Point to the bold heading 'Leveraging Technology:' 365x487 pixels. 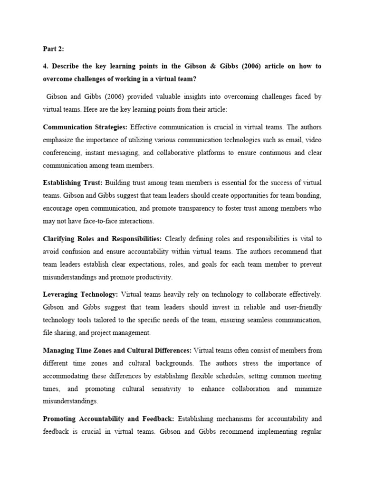pyautogui.click(x=80, y=294)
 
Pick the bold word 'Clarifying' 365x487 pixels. pyautogui.click(x=59, y=239)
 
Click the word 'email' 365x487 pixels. pyautogui.click(x=295, y=140)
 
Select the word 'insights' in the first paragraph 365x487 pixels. pyautogui.click(x=187, y=97)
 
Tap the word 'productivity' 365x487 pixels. pyautogui.click(x=152, y=277)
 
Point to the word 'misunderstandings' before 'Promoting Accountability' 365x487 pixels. pyautogui.click(x=70, y=401)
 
